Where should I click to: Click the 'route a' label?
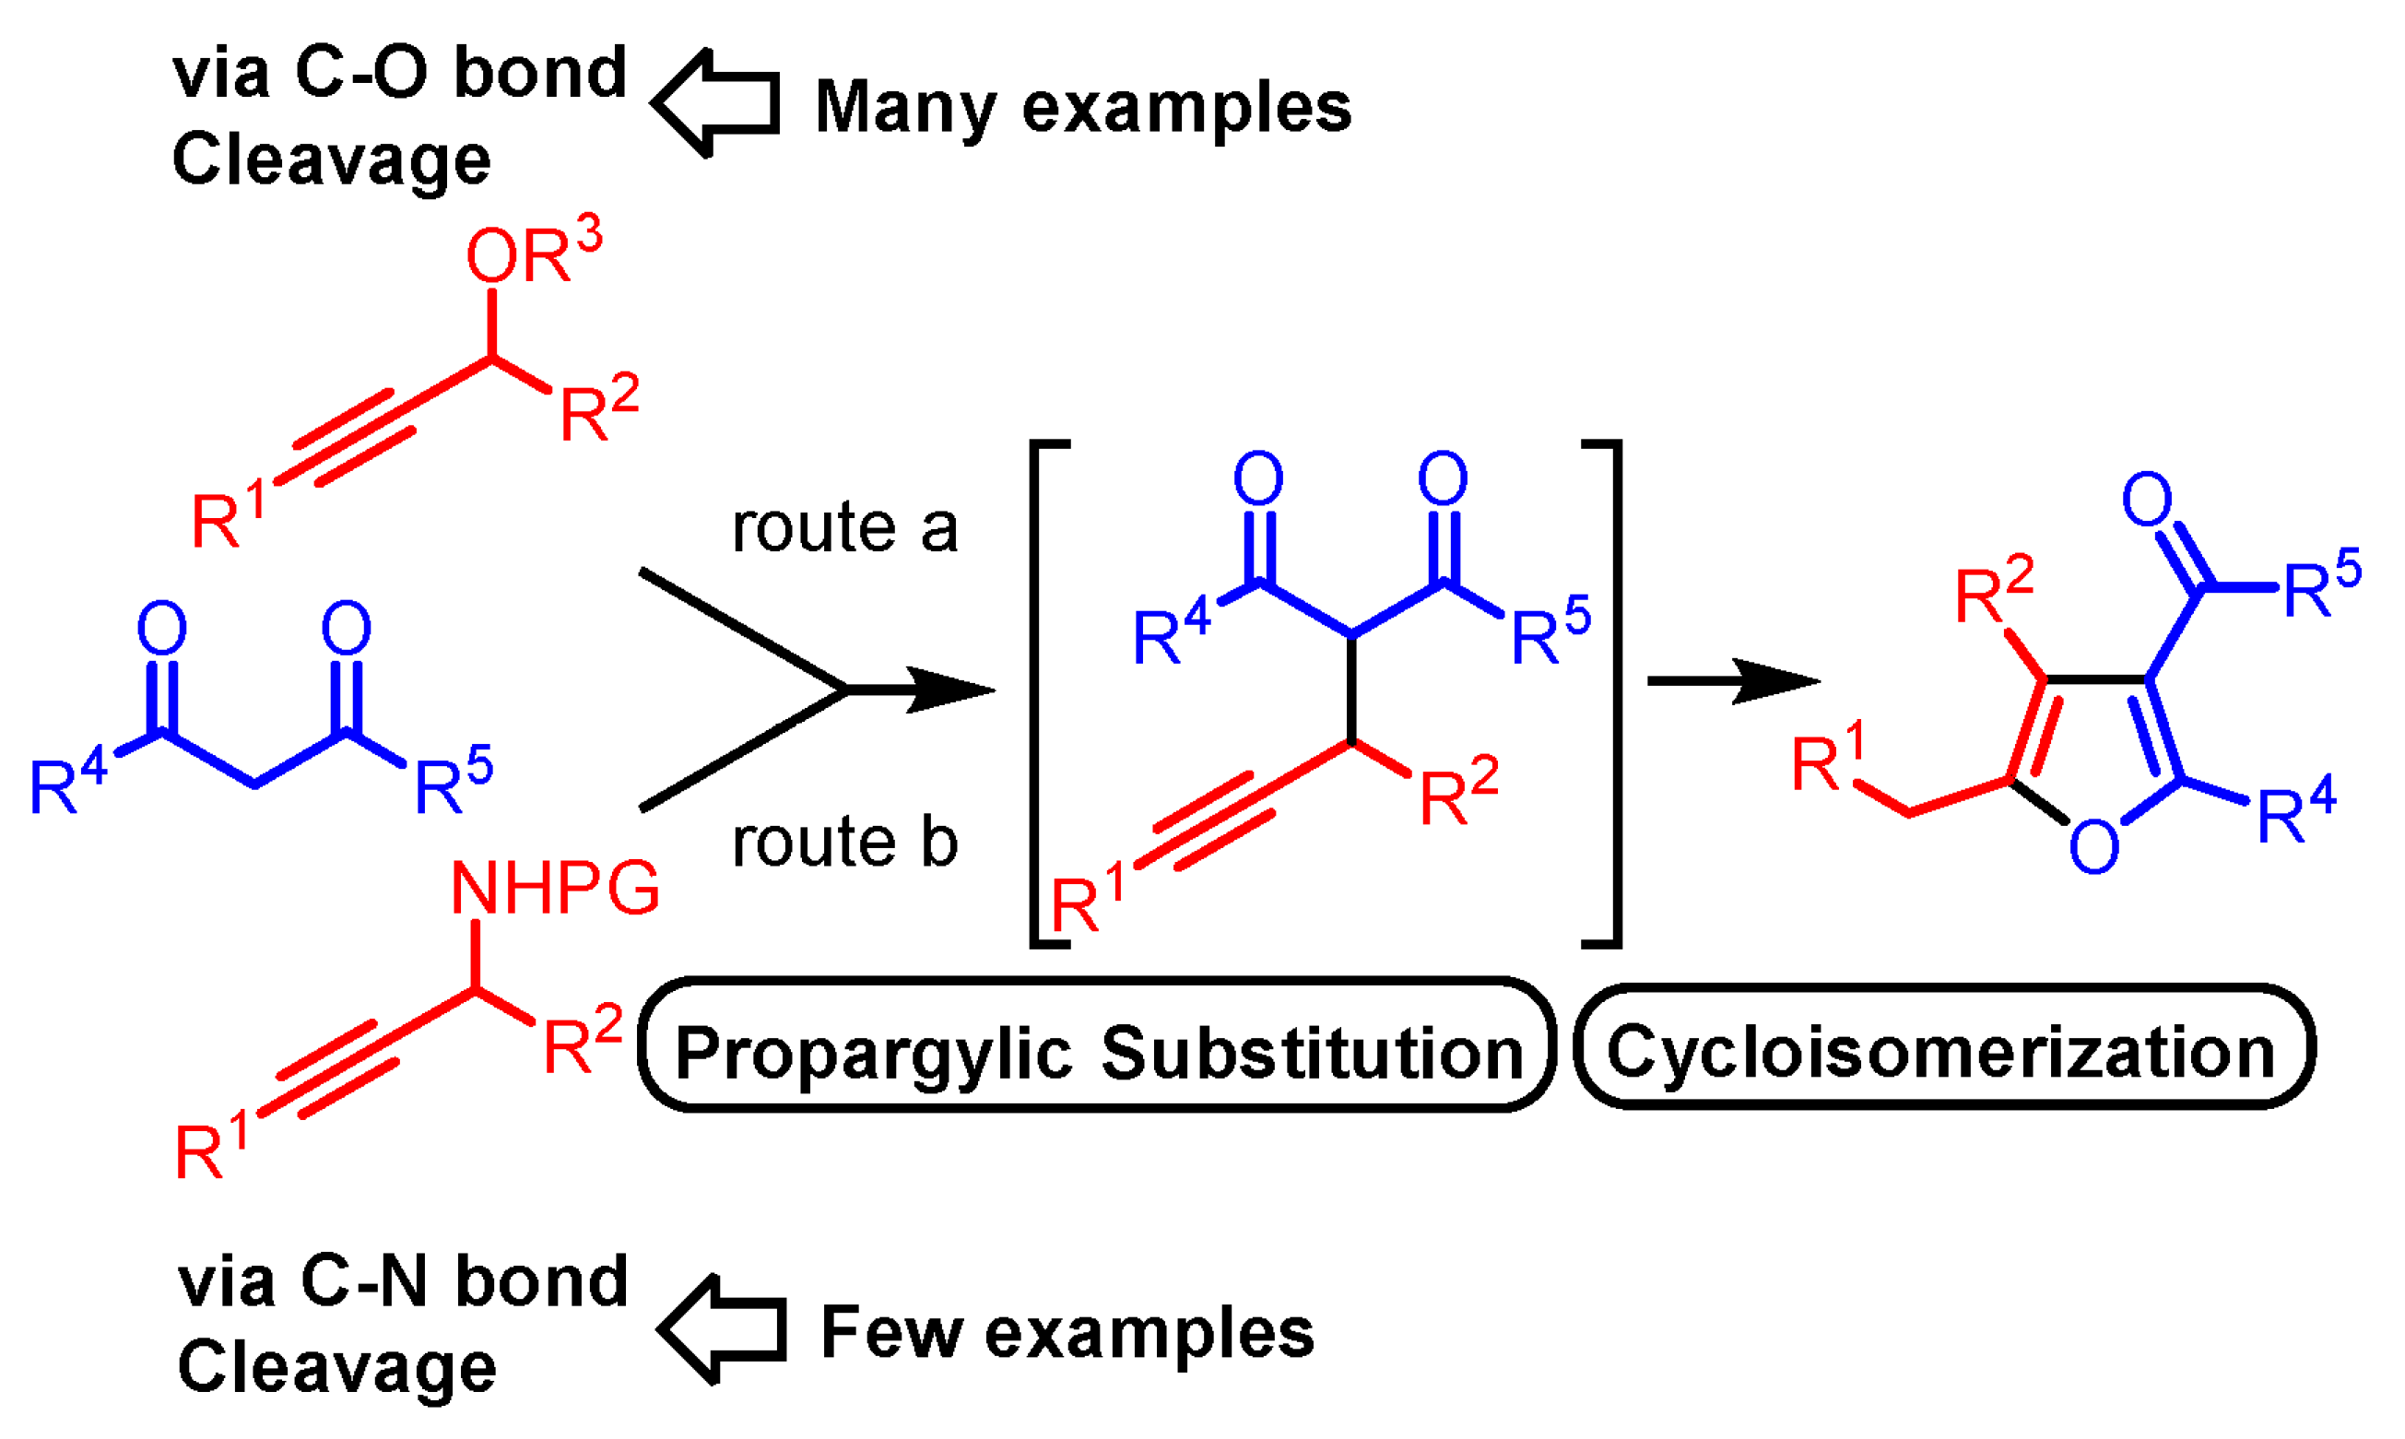(x=844, y=528)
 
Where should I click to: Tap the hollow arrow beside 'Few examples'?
(x=722, y=1329)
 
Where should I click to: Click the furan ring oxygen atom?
(x=2093, y=846)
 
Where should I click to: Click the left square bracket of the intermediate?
(x=1042, y=693)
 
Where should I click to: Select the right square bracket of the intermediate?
(x=1609, y=693)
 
